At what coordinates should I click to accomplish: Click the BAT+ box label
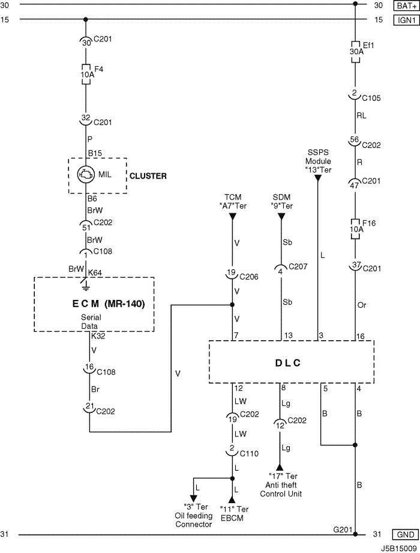(407, 5)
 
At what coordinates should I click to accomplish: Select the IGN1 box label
(407, 20)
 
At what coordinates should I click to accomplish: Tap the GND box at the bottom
(406, 534)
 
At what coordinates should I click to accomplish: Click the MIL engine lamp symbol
(86, 174)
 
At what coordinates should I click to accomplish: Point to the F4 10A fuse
(86, 74)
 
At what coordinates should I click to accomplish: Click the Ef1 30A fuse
(355, 52)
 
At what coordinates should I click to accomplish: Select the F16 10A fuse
(355, 229)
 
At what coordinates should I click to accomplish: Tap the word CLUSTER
(148, 176)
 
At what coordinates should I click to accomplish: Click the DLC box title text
(287, 363)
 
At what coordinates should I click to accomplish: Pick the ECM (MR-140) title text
(109, 304)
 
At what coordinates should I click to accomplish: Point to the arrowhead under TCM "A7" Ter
(232, 217)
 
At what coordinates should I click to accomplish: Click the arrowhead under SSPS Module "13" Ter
(318, 178)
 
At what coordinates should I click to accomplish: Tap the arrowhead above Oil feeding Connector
(193, 498)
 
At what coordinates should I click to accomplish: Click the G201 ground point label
(342, 530)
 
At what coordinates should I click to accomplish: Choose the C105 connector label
(371, 98)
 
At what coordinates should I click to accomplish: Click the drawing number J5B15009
(400, 548)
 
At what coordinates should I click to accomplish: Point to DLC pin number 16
(361, 336)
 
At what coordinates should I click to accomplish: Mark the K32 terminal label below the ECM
(98, 336)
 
